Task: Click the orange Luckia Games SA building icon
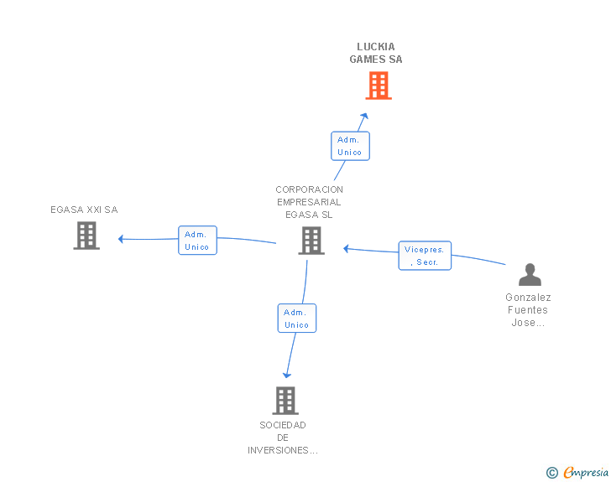click(379, 86)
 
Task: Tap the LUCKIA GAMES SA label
click(376, 53)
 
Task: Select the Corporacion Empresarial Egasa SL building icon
click(311, 241)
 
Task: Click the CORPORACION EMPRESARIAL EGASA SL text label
click(310, 202)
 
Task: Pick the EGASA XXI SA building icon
click(86, 236)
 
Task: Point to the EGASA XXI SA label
click(84, 210)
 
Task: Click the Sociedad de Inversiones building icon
click(285, 400)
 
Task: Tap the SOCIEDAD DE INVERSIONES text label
click(283, 438)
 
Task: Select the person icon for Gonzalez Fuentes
click(530, 275)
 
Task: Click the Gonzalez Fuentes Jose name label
click(528, 310)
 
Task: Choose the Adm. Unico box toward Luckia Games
click(350, 146)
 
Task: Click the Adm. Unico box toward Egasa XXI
click(197, 241)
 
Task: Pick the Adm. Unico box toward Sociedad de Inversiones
click(297, 319)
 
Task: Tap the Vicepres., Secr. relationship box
click(425, 256)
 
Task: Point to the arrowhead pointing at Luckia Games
click(364, 117)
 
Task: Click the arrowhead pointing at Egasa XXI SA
click(122, 239)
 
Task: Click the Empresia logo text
click(586, 472)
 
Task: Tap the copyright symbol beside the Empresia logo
click(551, 473)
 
